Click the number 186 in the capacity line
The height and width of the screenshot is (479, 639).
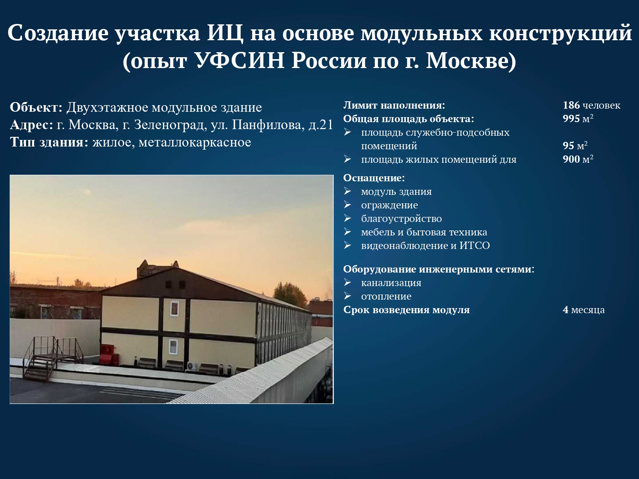click(x=571, y=105)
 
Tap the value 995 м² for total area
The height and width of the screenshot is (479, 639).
click(x=578, y=119)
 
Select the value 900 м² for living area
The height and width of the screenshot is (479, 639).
click(x=578, y=159)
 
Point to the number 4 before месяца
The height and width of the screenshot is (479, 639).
click(x=566, y=310)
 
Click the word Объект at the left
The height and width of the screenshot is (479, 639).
click(x=36, y=107)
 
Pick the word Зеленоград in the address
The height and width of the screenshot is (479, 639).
click(x=169, y=125)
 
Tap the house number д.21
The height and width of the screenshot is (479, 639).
click(x=321, y=125)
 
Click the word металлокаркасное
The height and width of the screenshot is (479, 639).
click(x=195, y=143)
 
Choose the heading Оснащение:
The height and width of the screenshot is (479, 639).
click(x=374, y=178)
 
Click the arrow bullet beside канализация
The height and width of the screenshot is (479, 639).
click(x=347, y=282)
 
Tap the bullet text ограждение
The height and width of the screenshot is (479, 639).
click(x=390, y=205)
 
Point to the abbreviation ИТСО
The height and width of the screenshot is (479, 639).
click(x=475, y=245)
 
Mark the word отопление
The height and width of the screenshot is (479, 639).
click(x=386, y=297)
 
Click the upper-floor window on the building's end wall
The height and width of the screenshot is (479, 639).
click(x=174, y=308)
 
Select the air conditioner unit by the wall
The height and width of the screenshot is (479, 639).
click(x=192, y=366)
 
